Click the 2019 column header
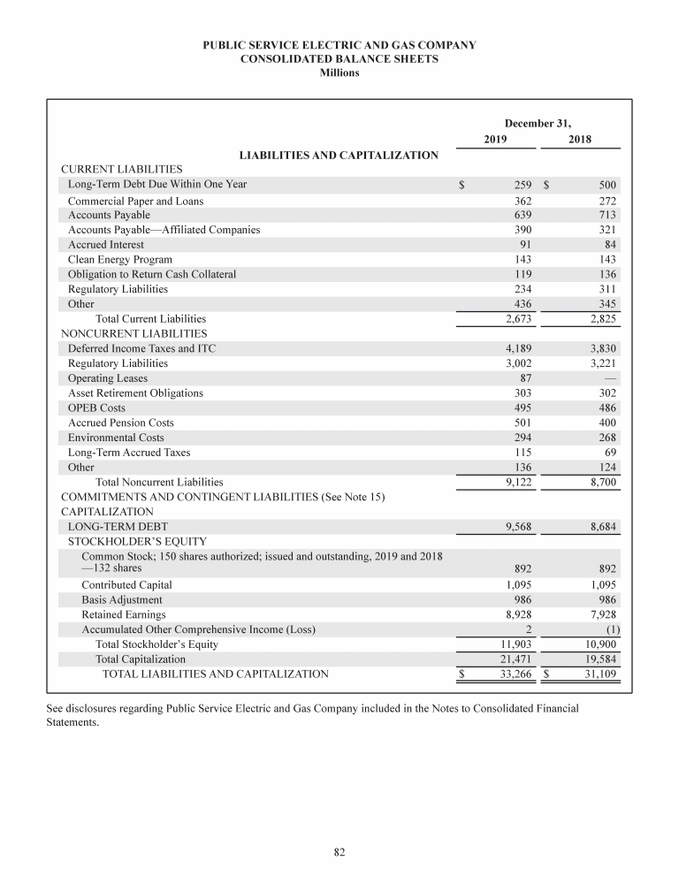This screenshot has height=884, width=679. pyautogui.click(x=496, y=139)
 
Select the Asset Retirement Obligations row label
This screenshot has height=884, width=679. pyautogui.click(x=135, y=392)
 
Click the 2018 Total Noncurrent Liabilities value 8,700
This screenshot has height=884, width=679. pyautogui.click(x=597, y=482)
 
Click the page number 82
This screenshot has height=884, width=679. pyautogui.click(x=339, y=851)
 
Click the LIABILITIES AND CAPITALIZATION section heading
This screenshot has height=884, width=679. pyautogui.click(x=339, y=156)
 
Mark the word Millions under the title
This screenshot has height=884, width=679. pyautogui.click(x=339, y=72)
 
